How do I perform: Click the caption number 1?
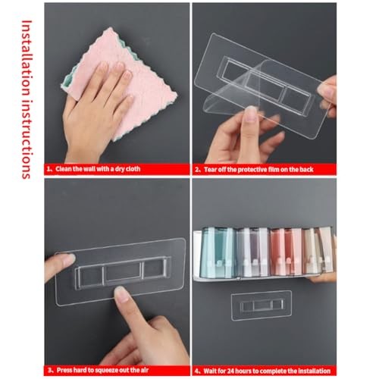pos(49,169)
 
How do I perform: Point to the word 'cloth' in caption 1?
pos(133,169)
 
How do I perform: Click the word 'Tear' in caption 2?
pos(211,170)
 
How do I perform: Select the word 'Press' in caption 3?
pos(64,370)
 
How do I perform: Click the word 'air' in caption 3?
pos(144,370)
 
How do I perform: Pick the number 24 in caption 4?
pos(231,371)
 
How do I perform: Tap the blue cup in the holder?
pos(217,252)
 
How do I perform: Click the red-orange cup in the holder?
pos(286,252)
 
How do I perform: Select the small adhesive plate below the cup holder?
pos(262,305)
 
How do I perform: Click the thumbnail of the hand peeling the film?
pos(252,114)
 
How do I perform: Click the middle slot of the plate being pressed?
pos(123,271)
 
